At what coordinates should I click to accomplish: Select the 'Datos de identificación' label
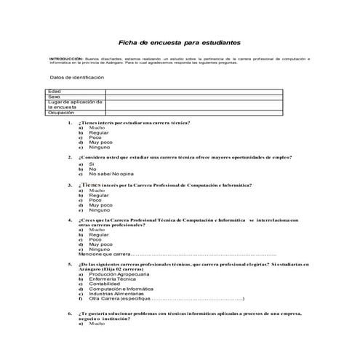click(72, 78)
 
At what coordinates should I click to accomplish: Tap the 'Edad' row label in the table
click(54, 90)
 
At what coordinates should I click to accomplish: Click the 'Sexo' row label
click(54, 96)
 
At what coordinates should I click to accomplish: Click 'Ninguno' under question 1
click(100, 148)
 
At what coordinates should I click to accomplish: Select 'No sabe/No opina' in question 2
click(111, 175)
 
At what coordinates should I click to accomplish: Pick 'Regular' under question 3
click(99, 195)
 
